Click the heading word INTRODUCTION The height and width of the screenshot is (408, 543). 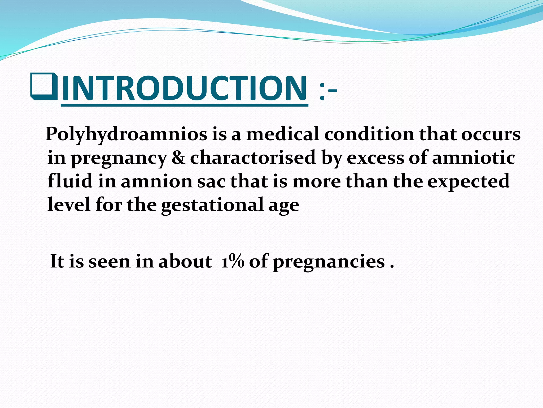[x=184, y=88]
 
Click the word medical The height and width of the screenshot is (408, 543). [x=283, y=134]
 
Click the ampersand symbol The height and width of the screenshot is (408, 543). [x=178, y=158]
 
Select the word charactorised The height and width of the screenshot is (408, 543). [x=253, y=158]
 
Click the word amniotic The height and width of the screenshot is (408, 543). [x=474, y=158]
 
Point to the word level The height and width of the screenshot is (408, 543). [x=69, y=204]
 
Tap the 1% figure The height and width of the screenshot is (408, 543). [x=232, y=261]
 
